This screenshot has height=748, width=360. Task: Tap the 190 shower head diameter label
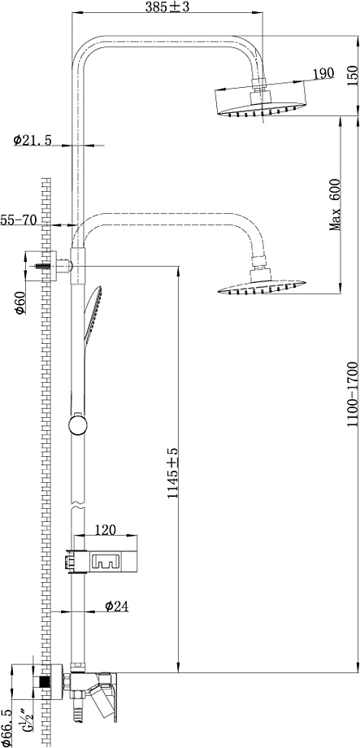click(x=323, y=74)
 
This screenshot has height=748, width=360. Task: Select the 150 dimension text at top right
click(x=353, y=74)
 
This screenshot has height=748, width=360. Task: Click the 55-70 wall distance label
click(x=19, y=220)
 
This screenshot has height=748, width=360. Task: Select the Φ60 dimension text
click(x=20, y=302)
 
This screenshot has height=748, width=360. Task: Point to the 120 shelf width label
click(x=106, y=529)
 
